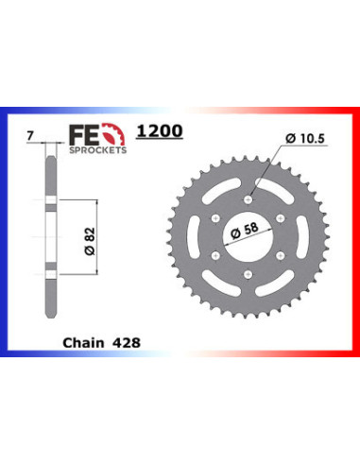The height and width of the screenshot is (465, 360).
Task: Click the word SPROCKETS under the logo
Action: click(x=97, y=151)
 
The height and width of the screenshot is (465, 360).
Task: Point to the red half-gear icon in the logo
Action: click(x=114, y=138)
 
